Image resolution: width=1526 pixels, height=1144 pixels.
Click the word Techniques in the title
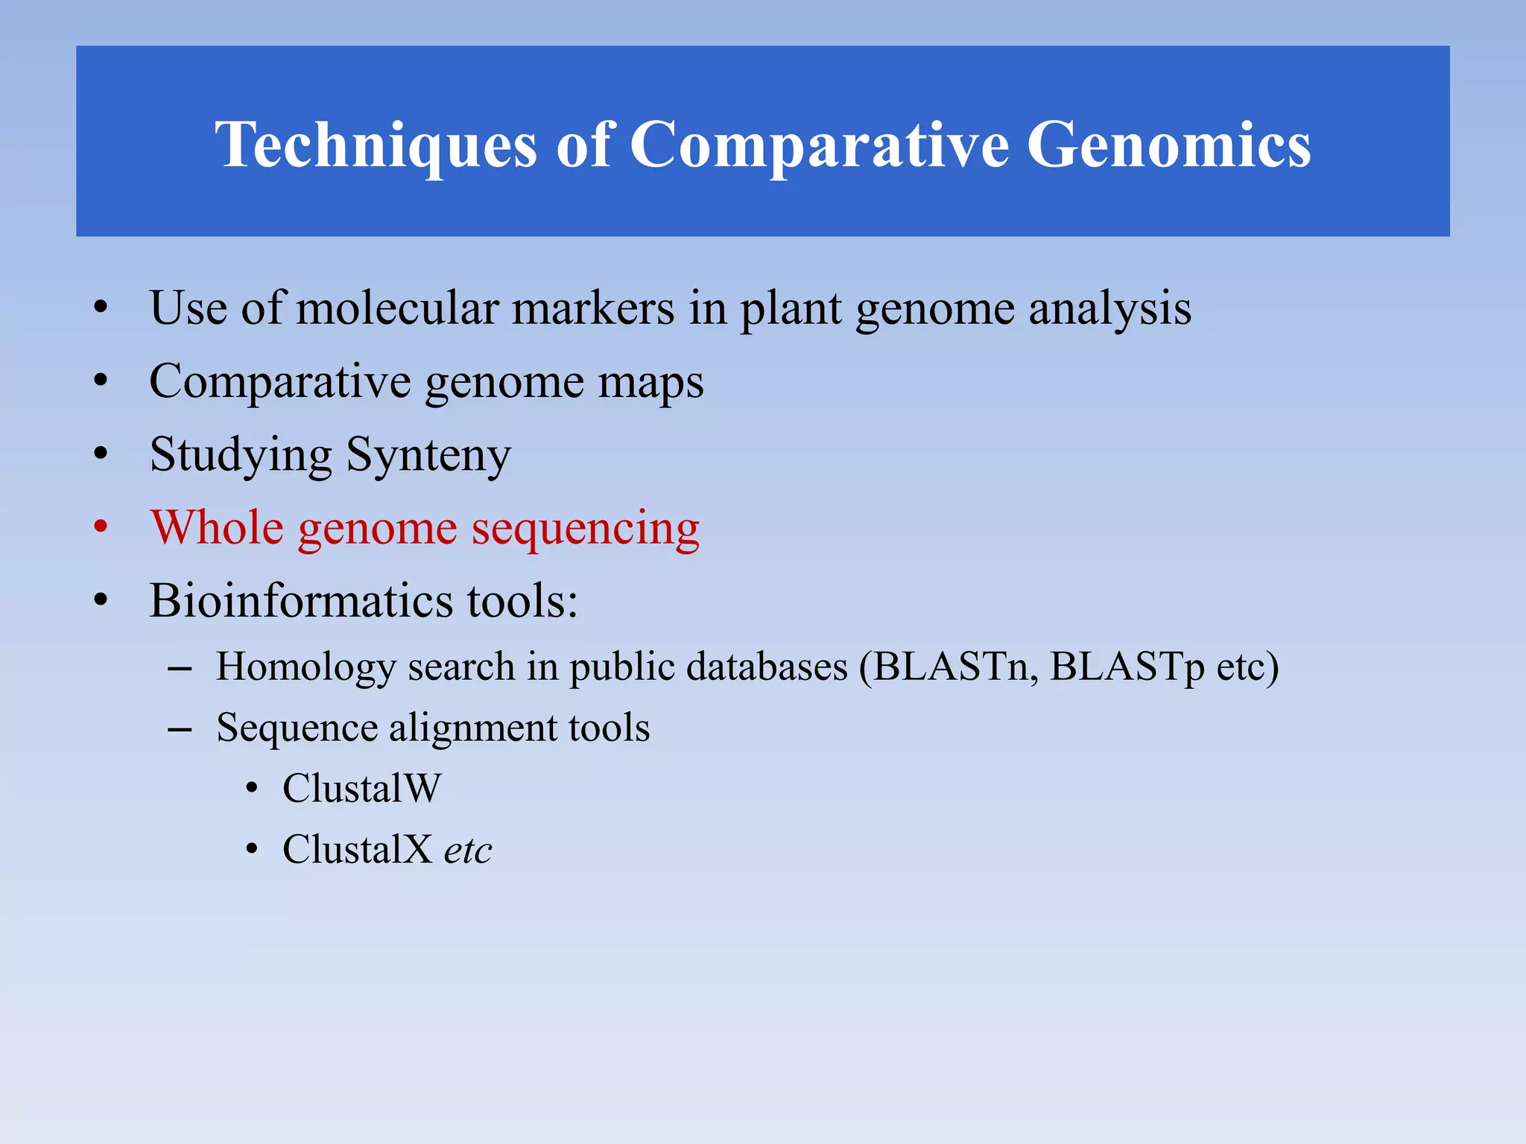(x=376, y=145)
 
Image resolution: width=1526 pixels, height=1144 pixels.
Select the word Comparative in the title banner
(x=819, y=145)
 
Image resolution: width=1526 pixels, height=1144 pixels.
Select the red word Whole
(x=217, y=527)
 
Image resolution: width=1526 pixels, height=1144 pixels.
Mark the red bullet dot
(x=101, y=527)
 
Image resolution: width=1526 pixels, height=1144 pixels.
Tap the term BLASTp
(x=1126, y=667)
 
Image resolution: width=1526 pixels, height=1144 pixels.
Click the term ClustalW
(x=362, y=789)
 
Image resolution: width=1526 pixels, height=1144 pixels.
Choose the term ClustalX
(x=357, y=850)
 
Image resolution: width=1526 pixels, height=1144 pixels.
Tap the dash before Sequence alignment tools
(x=180, y=729)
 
